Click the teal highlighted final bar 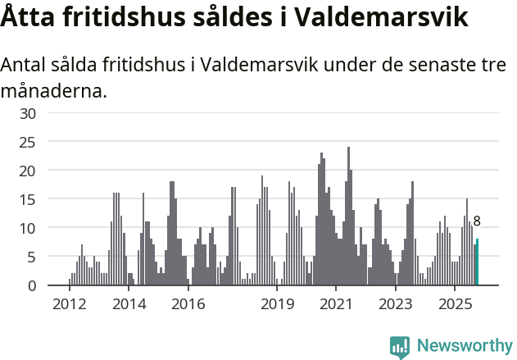pyautogui.click(x=477, y=262)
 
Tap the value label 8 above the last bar pyautogui.click(x=477, y=221)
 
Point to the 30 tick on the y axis pyautogui.click(x=28, y=113)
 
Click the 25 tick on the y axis pyautogui.click(x=28, y=142)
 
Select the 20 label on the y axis pyautogui.click(x=28, y=171)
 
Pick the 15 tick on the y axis pyautogui.click(x=28, y=199)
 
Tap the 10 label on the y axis pyautogui.click(x=28, y=228)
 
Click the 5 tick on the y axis pyautogui.click(x=32, y=257)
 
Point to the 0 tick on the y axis pyautogui.click(x=32, y=285)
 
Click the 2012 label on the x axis pyautogui.click(x=69, y=305)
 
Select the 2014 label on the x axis pyautogui.click(x=129, y=305)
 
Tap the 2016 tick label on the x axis pyautogui.click(x=188, y=305)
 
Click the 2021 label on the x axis pyautogui.click(x=337, y=305)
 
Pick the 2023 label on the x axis pyautogui.click(x=396, y=305)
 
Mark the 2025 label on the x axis pyautogui.click(x=456, y=305)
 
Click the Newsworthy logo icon pyautogui.click(x=400, y=347)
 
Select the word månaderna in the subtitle pyautogui.click(x=53, y=90)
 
